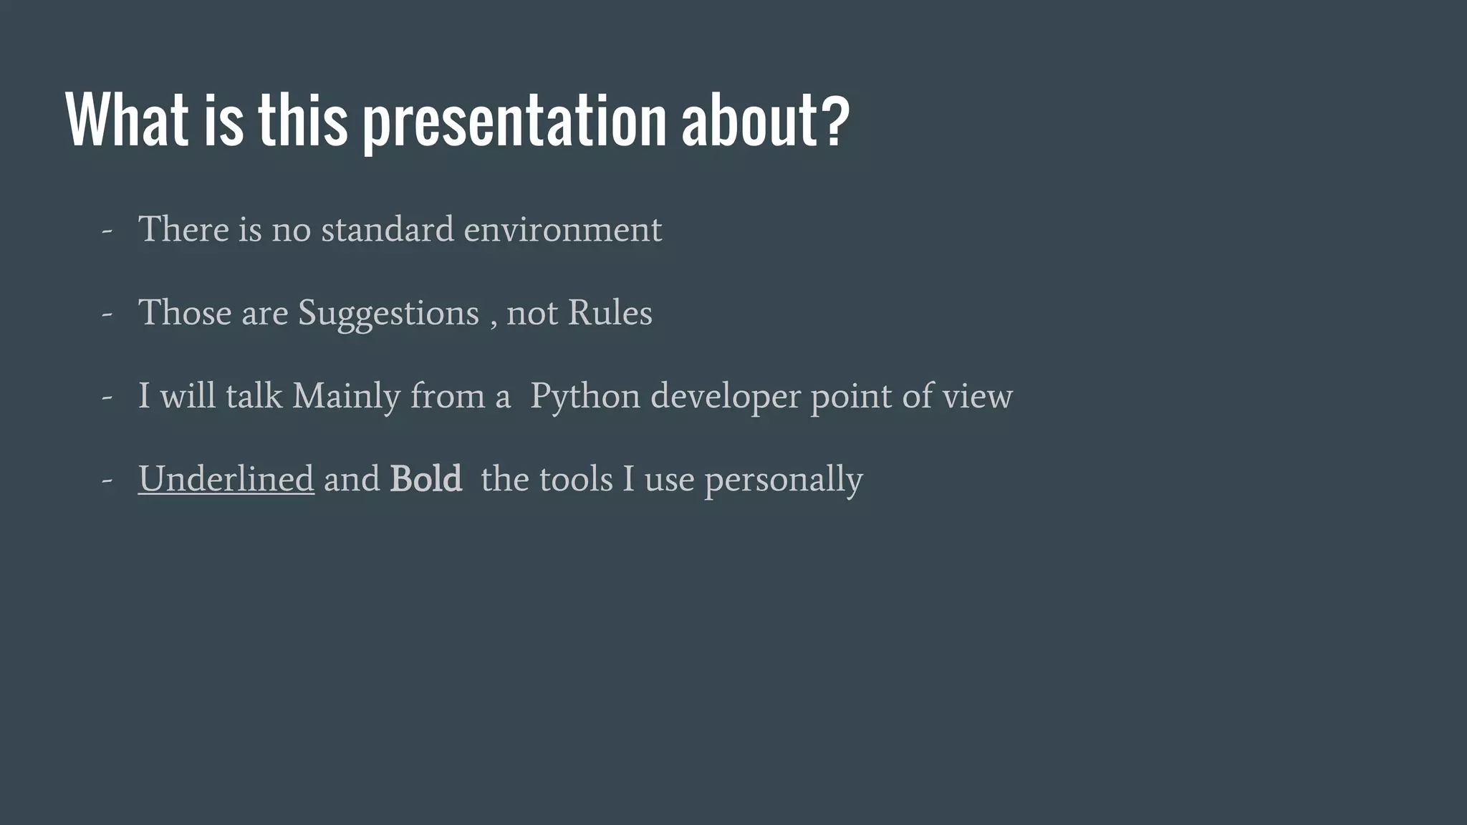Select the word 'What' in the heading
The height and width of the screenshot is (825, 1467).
pyautogui.click(x=127, y=120)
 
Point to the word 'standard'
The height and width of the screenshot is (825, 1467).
pyautogui.click(x=387, y=230)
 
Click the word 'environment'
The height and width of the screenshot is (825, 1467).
pyautogui.click(x=562, y=230)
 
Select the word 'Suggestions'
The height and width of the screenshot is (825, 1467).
pyautogui.click(x=388, y=314)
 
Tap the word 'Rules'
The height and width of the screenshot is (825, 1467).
pyautogui.click(x=610, y=313)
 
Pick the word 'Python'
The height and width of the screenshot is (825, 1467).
pyautogui.click(x=585, y=397)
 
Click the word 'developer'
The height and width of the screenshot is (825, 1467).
pyautogui.click(x=725, y=397)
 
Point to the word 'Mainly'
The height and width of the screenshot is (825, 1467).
pyautogui.click(x=346, y=397)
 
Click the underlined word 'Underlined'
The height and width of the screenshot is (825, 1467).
pyautogui.click(x=226, y=479)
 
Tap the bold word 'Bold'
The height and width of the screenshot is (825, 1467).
pyautogui.click(x=425, y=479)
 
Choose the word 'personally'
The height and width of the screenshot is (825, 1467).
pyautogui.click(x=784, y=480)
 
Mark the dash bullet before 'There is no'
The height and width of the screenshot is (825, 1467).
pyautogui.click(x=107, y=232)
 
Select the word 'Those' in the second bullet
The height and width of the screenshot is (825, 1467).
pyautogui.click(x=184, y=313)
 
